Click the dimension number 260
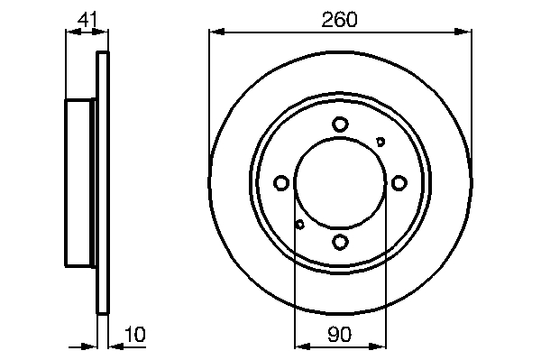click(x=340, y=19)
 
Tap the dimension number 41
click(x=87, y=19)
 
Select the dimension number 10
click(x=135, y=334)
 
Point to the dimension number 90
click(x=340, y=334)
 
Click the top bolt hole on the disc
click(x=340, y=125)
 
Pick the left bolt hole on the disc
click(x=281, y=182)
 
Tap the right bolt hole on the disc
click(x=399, y=182)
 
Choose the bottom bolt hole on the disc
click(x=340, y=241)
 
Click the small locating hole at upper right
click(x=381, y=142)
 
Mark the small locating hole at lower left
click(x=300, y=225)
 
